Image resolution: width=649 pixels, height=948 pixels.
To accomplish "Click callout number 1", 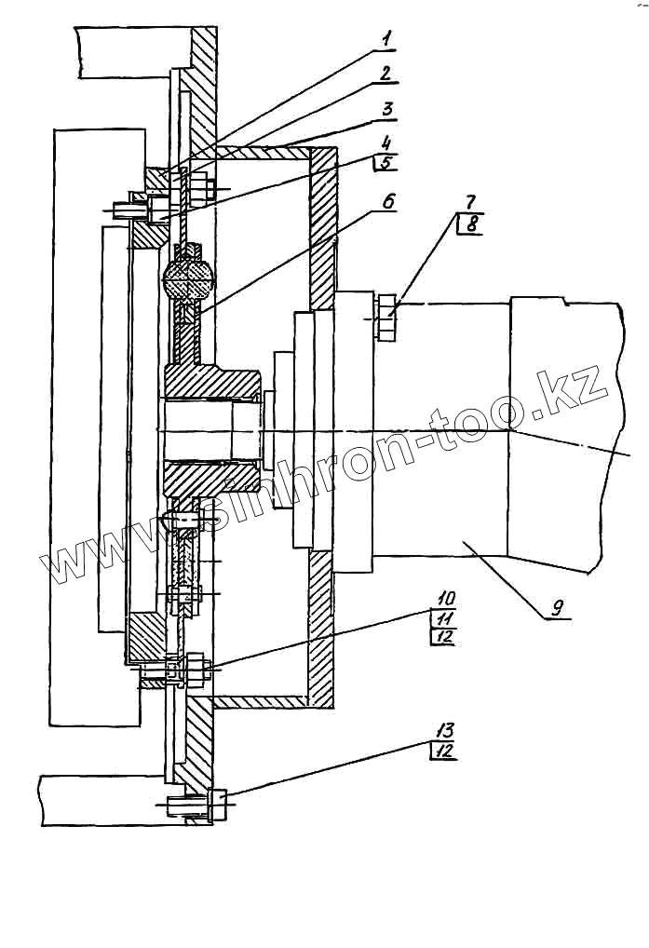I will [x=386, y=38].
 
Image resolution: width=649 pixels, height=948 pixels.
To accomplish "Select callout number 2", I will [x=386, y=73].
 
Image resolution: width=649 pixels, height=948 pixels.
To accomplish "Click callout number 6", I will [x=387, y=200].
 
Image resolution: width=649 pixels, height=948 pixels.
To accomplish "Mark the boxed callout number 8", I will [x=471, y=223].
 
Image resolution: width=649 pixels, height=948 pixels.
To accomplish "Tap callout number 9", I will [x=556, y=608].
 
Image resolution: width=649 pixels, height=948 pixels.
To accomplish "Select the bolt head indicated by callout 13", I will [x=219, y=804].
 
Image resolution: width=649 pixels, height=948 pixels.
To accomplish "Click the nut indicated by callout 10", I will [x=198, y=667].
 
